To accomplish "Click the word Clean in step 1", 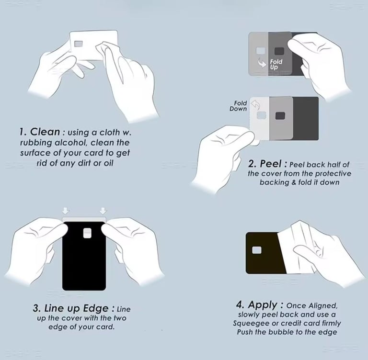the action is [x=45, y=132].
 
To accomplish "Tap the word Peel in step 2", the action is [x=271, y=164].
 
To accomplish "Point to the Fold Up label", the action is [x=276, y=64].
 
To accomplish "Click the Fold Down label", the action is [x=238, y=106].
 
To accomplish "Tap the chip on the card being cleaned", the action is [x=79, y=44].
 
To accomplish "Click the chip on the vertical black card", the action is [x=87, y=233].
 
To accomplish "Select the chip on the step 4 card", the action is [x=257, y=250].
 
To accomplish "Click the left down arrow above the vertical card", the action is [x=66, y=211].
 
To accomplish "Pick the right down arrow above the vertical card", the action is [x=103, y=211].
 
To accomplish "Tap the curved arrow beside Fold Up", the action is [x=262, y=62].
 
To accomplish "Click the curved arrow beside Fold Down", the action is [x=255, y=105].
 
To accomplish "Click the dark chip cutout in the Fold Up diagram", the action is [x=279, y=51].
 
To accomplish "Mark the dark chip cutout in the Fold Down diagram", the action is [x=280, y=116].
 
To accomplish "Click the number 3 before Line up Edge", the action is [x=36, y=309].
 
